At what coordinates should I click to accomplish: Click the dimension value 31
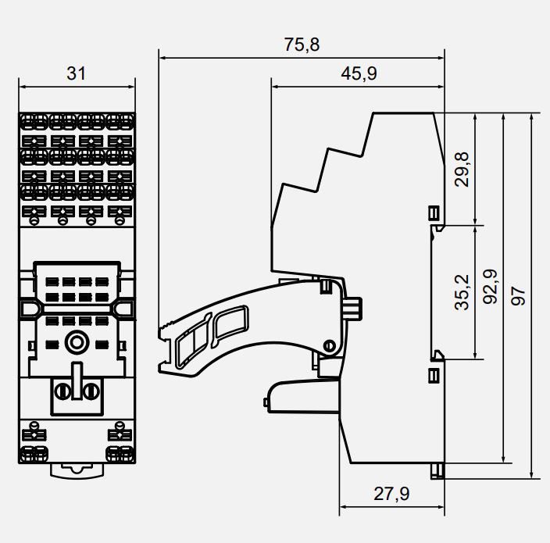coord(76,74)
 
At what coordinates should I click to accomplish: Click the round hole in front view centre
coord(77,341)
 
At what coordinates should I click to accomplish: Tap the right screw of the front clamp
coord(91,391)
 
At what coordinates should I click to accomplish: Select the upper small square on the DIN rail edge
coord(434,213)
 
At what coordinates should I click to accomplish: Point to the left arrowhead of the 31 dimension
coord(21,86)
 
